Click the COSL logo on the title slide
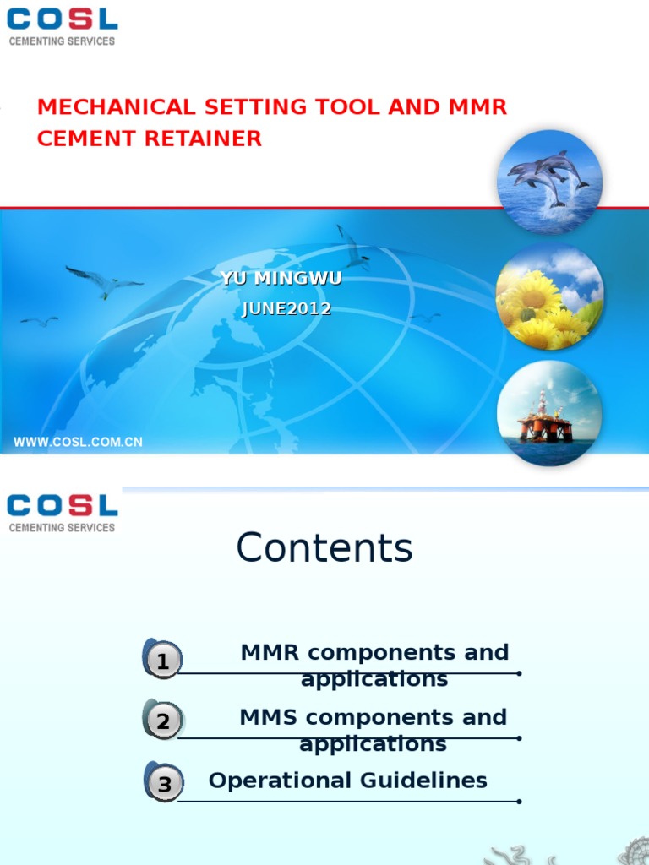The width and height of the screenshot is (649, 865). coord(62,26)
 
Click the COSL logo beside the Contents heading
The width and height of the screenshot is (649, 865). coord(62,513)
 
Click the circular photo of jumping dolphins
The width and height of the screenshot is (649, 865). coord(549,182)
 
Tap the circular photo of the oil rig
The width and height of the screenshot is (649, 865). coord(549,413)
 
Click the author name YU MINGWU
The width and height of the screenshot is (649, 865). coord(281,279)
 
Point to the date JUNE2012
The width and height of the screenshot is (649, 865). coord(286,309)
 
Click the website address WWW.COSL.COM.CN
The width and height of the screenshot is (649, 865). coord(78,442)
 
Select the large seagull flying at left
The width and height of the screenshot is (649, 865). coord(104,281)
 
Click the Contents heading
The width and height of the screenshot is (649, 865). coord(324,547)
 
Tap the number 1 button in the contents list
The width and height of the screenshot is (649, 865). coord(163,661)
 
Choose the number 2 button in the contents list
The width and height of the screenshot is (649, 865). coord(163,721)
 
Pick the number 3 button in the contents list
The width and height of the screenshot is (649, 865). coord(164,784)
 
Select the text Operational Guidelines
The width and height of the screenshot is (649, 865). coord(348,781)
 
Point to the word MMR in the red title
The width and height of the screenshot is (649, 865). coord(477,107)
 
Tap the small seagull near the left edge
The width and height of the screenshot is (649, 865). coord(40,321)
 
